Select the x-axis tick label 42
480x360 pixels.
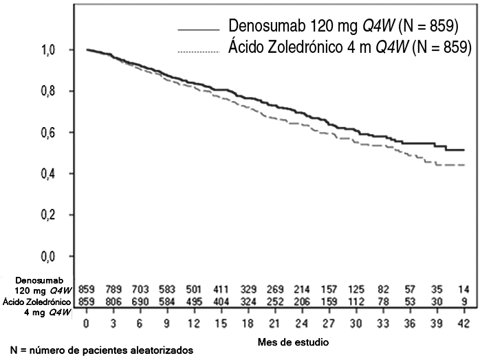pyautogui.click(x=464, y=323)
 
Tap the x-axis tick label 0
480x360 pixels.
pyautogui.click(x=87, y=323)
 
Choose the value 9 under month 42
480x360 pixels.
pyautogui.click(x=464, y=301)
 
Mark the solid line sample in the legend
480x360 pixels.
pyautogui.click(x=197, y=30)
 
